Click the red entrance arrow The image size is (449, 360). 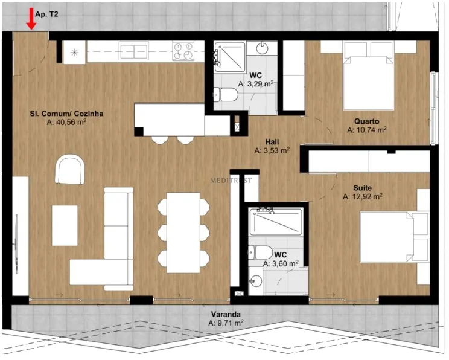pos(31,19)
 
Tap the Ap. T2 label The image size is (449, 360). pos(46,14)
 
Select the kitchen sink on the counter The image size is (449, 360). pos(134,51)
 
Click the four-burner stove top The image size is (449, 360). pos(183,51)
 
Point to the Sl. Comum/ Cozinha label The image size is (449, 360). pos(66,114)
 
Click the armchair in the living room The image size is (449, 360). pos(70,169)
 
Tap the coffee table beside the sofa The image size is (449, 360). pos(65,225)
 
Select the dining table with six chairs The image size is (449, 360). pos(183,233)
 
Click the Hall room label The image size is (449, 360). pos(272,142)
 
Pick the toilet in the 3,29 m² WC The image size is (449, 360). pos(226,95)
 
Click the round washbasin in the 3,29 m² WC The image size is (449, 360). pos(263,48)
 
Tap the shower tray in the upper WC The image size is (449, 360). pos(230,57)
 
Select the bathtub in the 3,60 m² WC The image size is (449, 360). pos(275,222)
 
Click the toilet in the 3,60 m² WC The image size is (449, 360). pos(260,252)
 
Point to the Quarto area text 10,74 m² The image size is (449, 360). pos(367,130)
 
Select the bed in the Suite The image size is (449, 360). pos(394,237)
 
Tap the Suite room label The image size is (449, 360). pos(363,188)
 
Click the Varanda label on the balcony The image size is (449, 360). pos(226,315)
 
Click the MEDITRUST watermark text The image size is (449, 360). pos(231,180)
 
